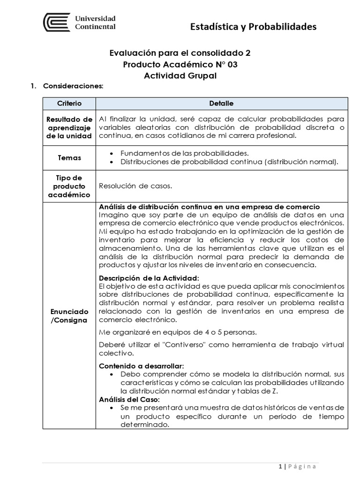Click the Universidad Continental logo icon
(57, 22)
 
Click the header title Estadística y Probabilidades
(253, 27)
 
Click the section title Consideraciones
(73, 87)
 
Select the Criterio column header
(69, 103)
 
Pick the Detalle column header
(222, 103)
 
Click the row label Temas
(69, 158)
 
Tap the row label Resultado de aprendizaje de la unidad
(69, 127)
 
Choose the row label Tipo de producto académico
(69, 186)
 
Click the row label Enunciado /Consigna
(69, 315)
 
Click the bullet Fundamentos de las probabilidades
(184, 153)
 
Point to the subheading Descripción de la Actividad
(150, 277)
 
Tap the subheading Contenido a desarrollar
(142, 366)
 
